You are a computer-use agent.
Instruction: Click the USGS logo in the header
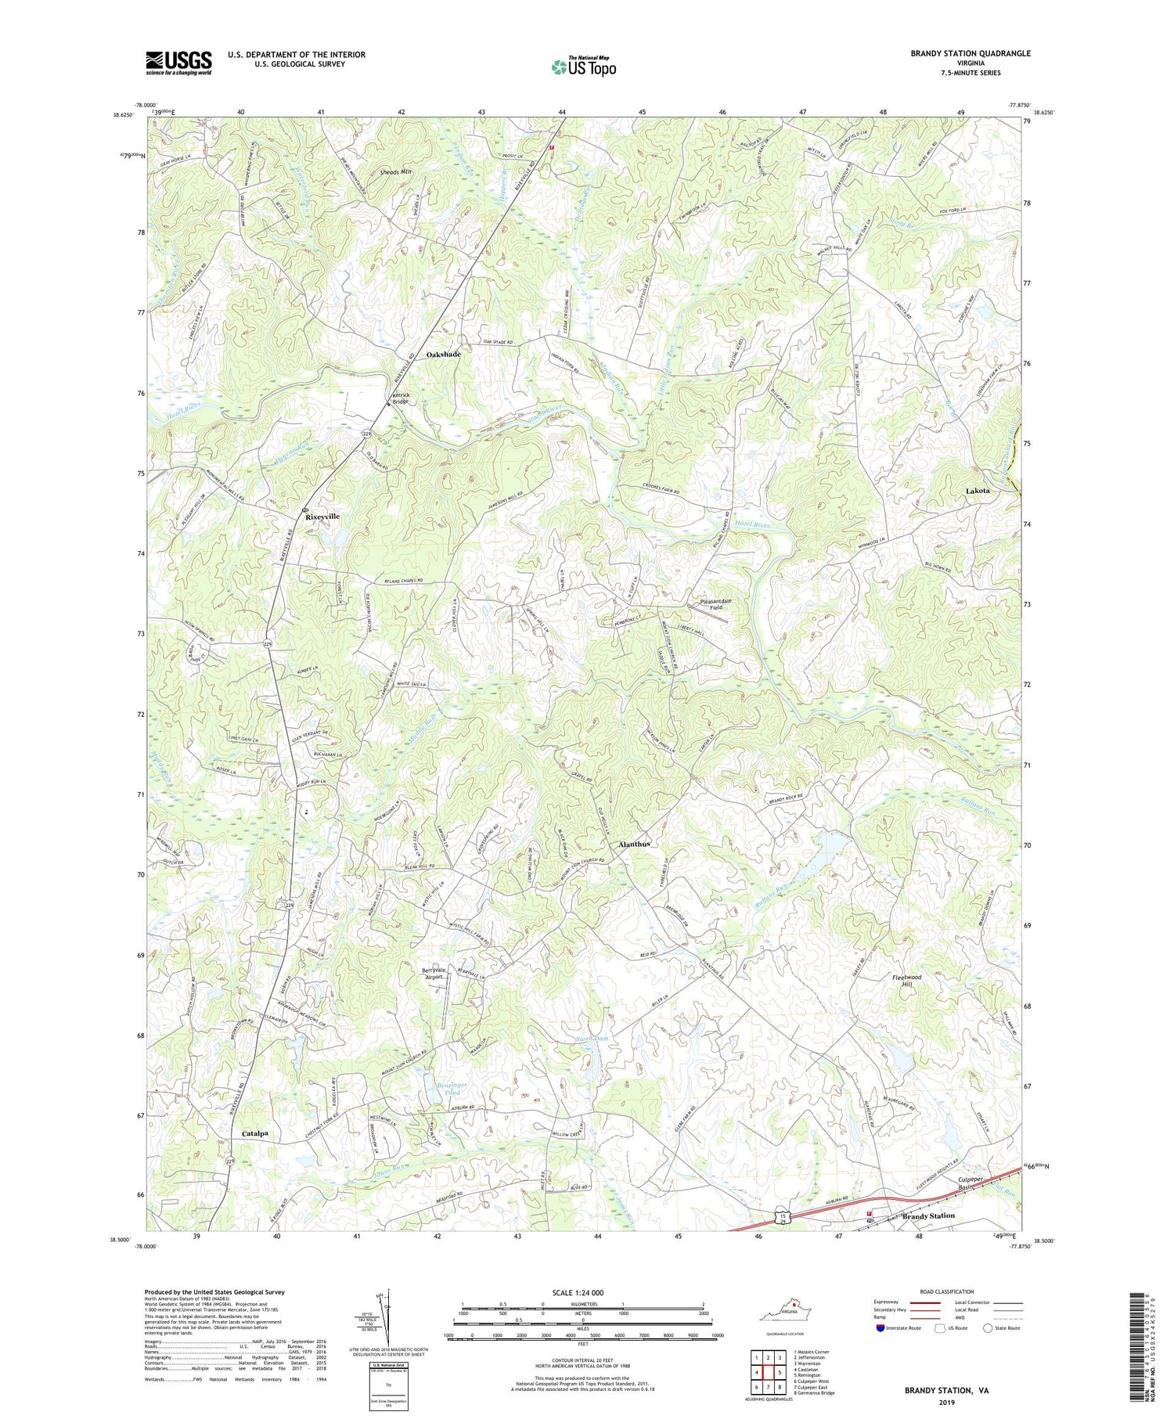coord(178,62)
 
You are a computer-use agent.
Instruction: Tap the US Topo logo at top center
coord(583,67)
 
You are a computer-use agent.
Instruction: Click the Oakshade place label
coord(443,355)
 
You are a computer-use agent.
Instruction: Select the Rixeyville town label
coord(322,517)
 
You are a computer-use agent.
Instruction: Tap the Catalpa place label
coord(255,1133)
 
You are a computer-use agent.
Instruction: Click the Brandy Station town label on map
coord(928,1216)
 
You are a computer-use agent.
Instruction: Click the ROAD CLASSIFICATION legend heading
coord(947,1291)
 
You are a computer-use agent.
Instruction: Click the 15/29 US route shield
coord(782,1216)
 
